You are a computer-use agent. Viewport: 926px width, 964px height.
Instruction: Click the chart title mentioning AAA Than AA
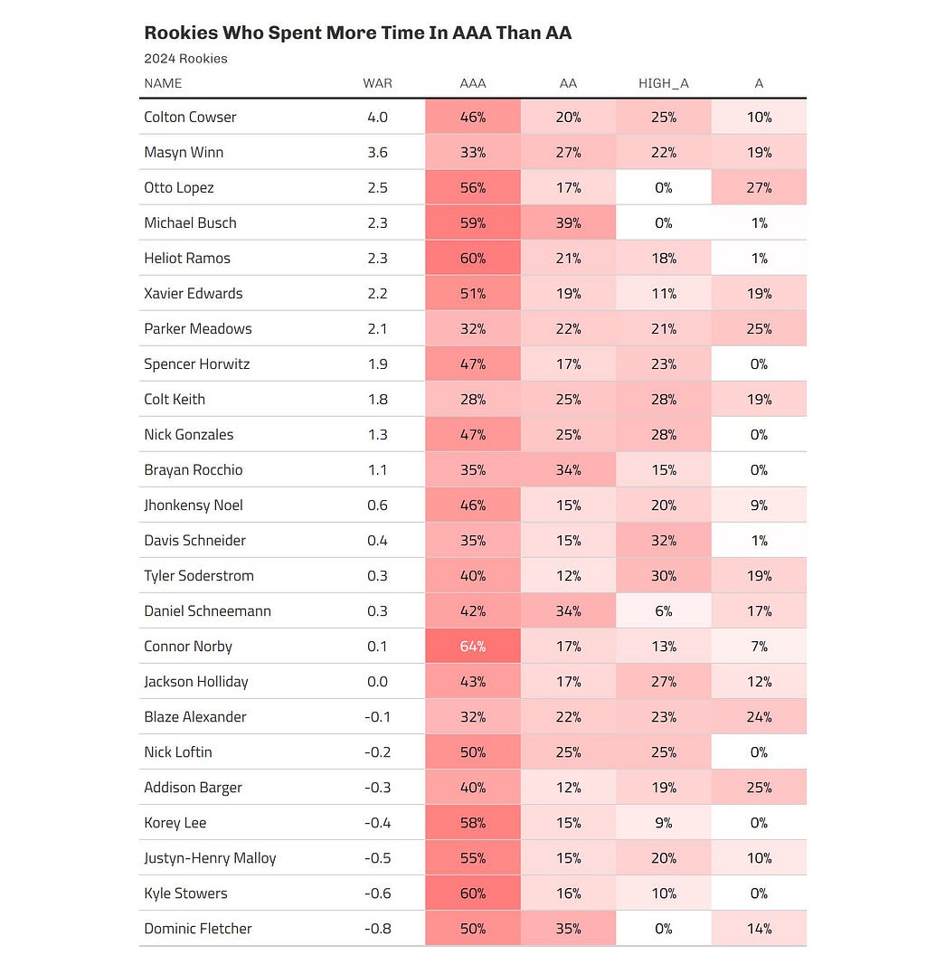click(358, 33)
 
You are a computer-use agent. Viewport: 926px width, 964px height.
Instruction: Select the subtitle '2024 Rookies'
click(185, 59)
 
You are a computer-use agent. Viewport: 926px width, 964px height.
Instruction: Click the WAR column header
click(377, 83)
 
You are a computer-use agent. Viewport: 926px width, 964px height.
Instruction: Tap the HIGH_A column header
click(664, 83)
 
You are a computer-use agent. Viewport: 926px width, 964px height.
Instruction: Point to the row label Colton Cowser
click(190, 117)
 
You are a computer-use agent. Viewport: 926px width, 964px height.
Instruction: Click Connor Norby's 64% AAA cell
click(473, 647)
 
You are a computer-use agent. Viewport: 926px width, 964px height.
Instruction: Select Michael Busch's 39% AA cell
click(568, 222)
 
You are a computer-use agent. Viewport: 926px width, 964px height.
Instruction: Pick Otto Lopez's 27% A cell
click(759, 187)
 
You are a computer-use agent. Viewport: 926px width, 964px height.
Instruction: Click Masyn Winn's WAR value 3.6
click(377, 153)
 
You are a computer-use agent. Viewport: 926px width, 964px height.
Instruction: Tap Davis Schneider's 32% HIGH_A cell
click(664, 541)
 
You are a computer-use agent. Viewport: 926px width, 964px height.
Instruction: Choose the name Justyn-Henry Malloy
click(211, 858)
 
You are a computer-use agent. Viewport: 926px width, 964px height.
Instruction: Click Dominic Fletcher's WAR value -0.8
click(377, 929)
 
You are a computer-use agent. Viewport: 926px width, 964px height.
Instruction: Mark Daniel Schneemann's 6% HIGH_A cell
click(664, 611)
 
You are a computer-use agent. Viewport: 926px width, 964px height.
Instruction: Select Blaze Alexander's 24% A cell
click(759, 717)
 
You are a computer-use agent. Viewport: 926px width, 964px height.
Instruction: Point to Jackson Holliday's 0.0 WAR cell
click(377, 682)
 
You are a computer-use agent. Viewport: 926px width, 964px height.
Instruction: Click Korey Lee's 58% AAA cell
click(473, 823)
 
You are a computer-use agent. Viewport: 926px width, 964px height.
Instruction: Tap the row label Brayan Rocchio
click(194, 469)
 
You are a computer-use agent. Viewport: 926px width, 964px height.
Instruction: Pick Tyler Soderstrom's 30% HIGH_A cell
click(664, 575)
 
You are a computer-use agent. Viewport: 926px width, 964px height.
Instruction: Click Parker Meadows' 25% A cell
click(759, 329)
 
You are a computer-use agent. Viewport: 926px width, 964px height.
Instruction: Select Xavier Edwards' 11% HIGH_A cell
click(664, 293)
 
